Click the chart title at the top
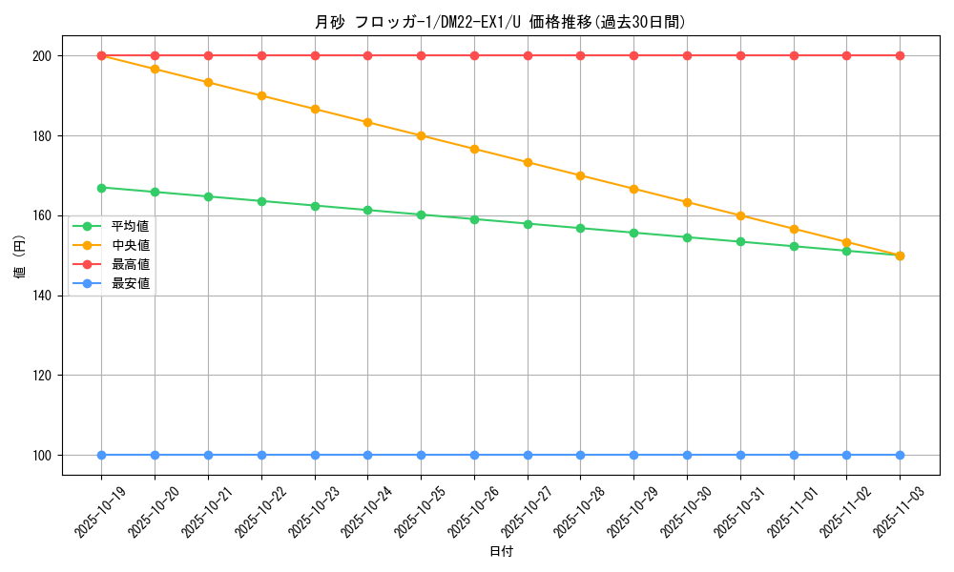(500, 22)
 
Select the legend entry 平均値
(130, 226)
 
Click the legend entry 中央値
(130, 245)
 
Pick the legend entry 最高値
(130, 264)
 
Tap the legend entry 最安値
(130, 283)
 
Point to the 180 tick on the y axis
(40, 135)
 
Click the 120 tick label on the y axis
(40, 376)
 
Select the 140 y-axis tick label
(40, 296)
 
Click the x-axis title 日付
(500, 552)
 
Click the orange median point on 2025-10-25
(421, 135)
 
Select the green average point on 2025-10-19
(101, 187)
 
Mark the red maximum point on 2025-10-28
(580, 55)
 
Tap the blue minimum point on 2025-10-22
(261, 455)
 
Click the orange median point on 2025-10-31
(740, 215)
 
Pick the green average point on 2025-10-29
(633, 233)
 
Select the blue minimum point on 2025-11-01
(794, 455)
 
